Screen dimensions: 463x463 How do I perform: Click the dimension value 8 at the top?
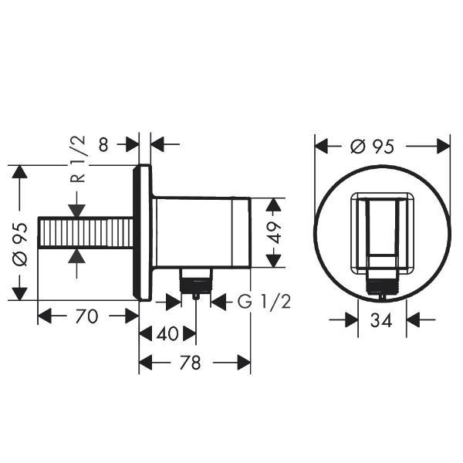click(x=103, y=144)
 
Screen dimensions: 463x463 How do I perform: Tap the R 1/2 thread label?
click(x=78, y=159)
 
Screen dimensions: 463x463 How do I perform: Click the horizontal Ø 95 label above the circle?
click(x=373, y=147)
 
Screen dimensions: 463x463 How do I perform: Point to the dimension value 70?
click(x=86, y=316)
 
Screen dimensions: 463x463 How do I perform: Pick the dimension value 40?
click(x=167, y=334)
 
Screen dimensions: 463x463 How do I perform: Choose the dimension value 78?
click(x=190, y=363)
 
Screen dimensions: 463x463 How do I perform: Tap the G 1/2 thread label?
click(x=264, y=302)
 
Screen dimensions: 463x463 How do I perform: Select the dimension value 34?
click(x=381, y=319)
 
